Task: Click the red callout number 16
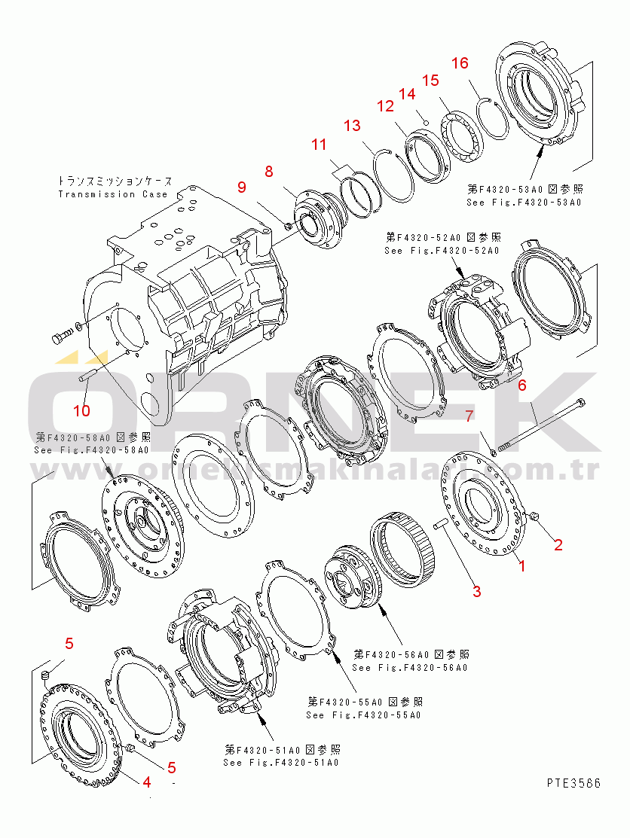[x=459, y=63]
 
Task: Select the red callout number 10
[x=81, y=410]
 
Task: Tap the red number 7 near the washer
[x=468, y=415]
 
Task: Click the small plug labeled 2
[x=535, y=516]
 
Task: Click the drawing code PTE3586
[x=573, y=783]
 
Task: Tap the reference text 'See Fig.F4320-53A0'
[x=524, y=203]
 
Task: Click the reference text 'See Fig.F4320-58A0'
[x=91, y=449]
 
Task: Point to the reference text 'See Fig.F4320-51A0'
[x=280, y=762]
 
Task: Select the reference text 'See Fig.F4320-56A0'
[x=410, y=667]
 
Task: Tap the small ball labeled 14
[x=426, y=121]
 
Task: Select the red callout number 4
[x=147, y=781]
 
